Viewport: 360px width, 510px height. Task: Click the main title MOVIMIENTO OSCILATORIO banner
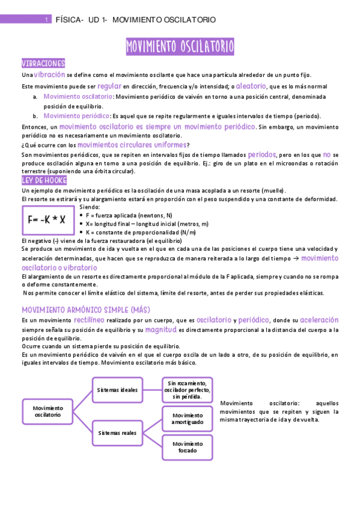pyautogui.click(x=180, y=46)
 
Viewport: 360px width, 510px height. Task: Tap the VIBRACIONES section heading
pyautogui.click(x=43, y=64)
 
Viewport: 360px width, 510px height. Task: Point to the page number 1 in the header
pyautogui.click(x=46, y=20)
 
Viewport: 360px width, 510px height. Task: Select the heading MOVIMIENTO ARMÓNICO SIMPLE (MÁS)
pyautogui.click(x=85, y=309)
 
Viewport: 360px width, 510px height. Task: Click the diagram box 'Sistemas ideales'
pyautogui.click(x=118, y=390)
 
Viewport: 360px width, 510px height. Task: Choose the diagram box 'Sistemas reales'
pyautogui.click(x=118, y=432)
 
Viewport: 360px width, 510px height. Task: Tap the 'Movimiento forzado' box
pyautogui.click(x=187, y=447)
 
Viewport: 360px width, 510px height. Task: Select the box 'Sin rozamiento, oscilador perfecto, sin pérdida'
pyautogui.click(x=187, y=390)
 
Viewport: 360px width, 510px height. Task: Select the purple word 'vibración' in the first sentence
pyautogui.click(x=49, y=75)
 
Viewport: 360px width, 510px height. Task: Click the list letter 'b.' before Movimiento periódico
pyautogui.click(x=35, y=116)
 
